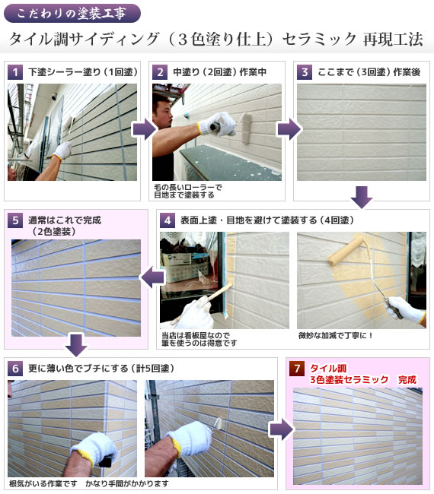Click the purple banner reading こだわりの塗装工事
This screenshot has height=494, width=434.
coord(72,14)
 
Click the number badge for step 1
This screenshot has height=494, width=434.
coord(15,72)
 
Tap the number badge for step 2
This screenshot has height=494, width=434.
coord(160,72)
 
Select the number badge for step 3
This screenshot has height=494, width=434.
coord(305,72)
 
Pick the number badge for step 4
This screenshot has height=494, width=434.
coord(168,220)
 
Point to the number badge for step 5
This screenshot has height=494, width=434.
coord(15,220)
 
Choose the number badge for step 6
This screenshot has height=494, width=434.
coord(15,369)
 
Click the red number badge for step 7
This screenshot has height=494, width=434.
coord(297,369)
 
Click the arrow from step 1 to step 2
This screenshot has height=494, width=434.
coord(145,129)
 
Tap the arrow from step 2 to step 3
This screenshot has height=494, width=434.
coord(289,129)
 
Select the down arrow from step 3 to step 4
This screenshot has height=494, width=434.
coord(362,198)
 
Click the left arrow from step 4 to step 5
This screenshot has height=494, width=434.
coord(152,277)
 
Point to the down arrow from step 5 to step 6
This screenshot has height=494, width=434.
coord(76,345)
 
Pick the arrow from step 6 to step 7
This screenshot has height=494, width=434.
coord(282,429)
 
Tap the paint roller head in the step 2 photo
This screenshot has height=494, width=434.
coord(245,128)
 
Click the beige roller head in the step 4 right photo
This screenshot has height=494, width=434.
coord(346,251)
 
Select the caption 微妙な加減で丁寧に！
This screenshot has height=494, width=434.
coord(335,335)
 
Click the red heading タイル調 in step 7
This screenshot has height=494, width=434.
coord(328,368)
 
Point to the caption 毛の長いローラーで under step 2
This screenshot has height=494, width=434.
coord(188,188)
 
